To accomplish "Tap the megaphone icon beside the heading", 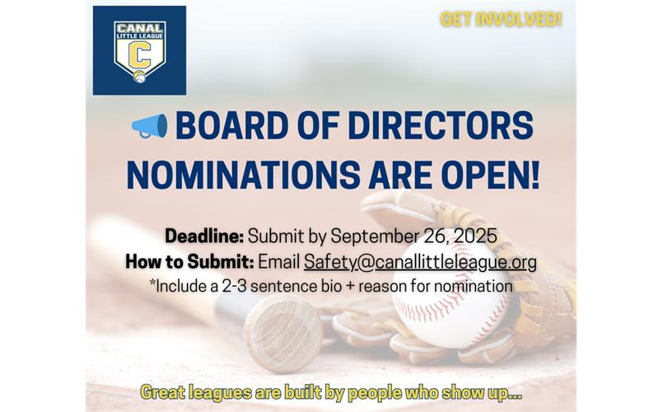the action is click(149, 125).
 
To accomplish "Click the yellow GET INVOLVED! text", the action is click(501, 20).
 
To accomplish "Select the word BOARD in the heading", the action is click(231, 125).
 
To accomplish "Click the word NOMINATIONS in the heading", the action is click(244, 175).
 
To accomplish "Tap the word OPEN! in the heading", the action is click(491, 175).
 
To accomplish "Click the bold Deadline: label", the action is click(204, 236).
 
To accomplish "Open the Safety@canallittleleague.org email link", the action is click(420, 262).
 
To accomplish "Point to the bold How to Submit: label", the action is click(189, 262).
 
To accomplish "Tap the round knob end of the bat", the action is click(282, 333).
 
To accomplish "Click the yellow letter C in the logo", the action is click(139, 55).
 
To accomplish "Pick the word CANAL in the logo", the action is click(139, 28).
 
